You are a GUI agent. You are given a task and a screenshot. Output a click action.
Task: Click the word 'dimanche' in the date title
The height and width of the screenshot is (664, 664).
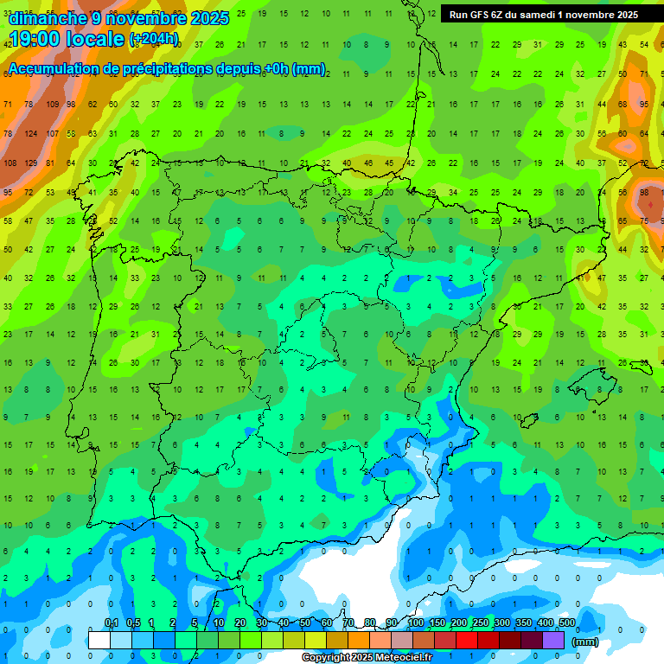(47, 17)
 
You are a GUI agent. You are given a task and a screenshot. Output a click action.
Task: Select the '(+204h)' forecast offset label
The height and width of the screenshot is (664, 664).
(154, 38)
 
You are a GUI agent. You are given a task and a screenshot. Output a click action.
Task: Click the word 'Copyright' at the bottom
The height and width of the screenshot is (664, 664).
(326, 658)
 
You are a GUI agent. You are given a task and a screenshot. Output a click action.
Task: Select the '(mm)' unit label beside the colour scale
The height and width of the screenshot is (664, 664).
(585, 642)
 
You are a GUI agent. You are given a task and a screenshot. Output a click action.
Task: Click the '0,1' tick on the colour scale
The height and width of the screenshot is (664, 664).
(111, 623)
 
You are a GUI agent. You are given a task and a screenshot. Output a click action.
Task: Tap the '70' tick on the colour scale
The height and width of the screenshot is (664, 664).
(348, 623)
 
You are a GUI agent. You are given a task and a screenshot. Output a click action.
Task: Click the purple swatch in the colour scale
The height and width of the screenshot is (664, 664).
(554, 640)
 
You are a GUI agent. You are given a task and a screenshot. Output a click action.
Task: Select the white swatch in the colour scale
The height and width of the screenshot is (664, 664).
(99, 640)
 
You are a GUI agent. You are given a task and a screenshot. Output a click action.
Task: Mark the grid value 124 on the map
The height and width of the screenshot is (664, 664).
(31, 133)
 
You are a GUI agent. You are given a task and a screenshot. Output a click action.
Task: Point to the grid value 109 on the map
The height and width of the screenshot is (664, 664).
(52, 105)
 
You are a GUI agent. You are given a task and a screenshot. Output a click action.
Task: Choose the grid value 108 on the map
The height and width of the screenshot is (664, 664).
(10, 163)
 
